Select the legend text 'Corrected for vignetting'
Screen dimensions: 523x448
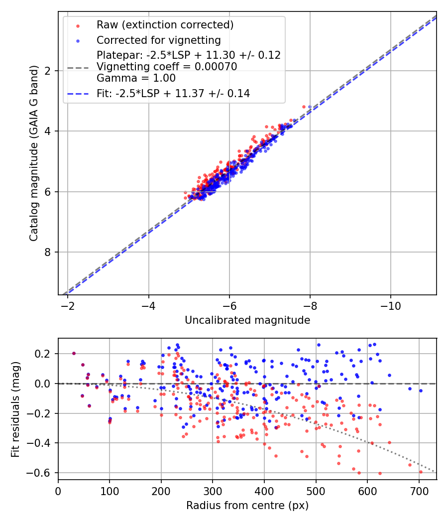pyautogui.click(x=159, y=40)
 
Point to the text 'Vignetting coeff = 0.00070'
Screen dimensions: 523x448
pyautogui.click(x=167, y=66)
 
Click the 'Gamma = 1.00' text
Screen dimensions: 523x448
pyautogui.click(x=136, y=78)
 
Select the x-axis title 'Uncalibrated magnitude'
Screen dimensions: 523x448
pyautogui.click(x=247, y=320)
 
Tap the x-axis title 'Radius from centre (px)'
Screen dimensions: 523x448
pyautogui.click(x=247, y=505)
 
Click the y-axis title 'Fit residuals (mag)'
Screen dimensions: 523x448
pyautogui.click(x=15, y=408)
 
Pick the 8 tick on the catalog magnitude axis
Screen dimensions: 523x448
pyautogui.click(x=49, y=252)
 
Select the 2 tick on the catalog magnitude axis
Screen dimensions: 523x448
pyautogui.click(x=49, y=71)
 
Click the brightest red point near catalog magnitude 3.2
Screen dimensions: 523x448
pyautogui.click(x=304, y=107)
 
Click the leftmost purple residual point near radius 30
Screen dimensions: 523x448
pyautogui.click(x=74, y=353)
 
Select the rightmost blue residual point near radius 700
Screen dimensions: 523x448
pyautogui.click(x=421, y=391)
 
